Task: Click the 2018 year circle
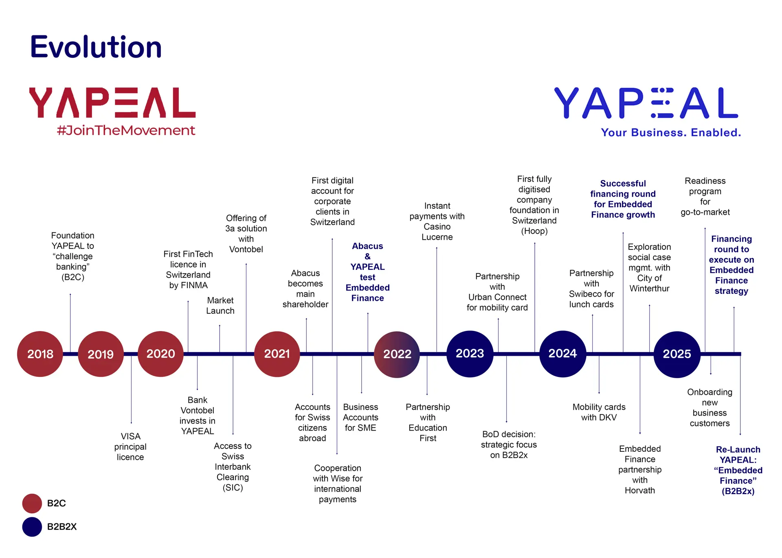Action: (x=40, y=354)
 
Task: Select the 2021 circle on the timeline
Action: (x=277, y=354)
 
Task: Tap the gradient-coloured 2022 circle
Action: (x=397, y=354)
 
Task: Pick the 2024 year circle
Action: (x=562, y=354)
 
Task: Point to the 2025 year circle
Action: (x=677, y=354)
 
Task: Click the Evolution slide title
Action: (x=96, y=47)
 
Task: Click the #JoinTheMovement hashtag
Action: (x=126, y=130)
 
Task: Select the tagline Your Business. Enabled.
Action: (x=671, y=133)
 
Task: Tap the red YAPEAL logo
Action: (x=112, y=103)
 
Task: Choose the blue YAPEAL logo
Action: (x=646, y=103)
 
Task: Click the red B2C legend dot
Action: (x=32, y=503)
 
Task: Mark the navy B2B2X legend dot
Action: (x=32, y=527)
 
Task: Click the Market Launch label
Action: (x=220, y=306)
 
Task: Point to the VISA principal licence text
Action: (x=130, y=446)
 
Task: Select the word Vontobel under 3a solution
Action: (x=246, y=249)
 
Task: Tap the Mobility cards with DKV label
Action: (x=599, y=412)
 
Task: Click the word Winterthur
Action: (x=649, y=289)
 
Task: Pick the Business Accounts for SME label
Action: (x=360, y=418)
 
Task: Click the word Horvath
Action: (x=640, y=490)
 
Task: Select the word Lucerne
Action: (x=437, y=237)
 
